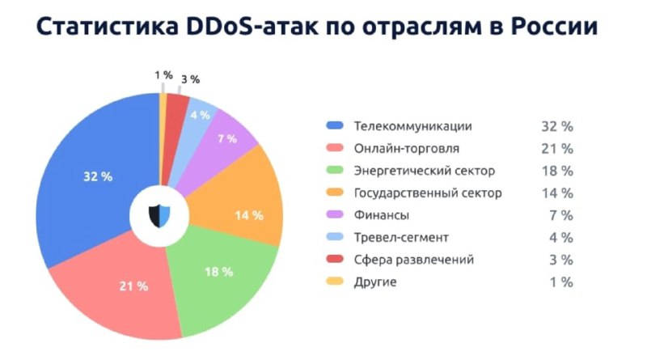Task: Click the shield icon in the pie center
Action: [x=159, y=216]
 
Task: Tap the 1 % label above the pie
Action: [x=164, y=75]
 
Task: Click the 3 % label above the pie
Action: [x=191, y=79]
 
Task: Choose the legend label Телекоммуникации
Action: [x=412, y=126]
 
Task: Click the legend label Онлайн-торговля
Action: [x=407, y=148]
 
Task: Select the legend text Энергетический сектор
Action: [x=424, y=171]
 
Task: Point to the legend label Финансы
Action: [x=381, y=215]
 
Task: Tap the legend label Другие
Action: [x=375, y=282]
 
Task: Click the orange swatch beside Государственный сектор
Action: [x=335, y=192]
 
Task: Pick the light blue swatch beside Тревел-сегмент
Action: [x=335, y=236]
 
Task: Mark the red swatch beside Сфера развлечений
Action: [x=335, y=259]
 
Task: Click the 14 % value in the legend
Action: [x=557, y=193]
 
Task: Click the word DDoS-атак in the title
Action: [x=252, y=27]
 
